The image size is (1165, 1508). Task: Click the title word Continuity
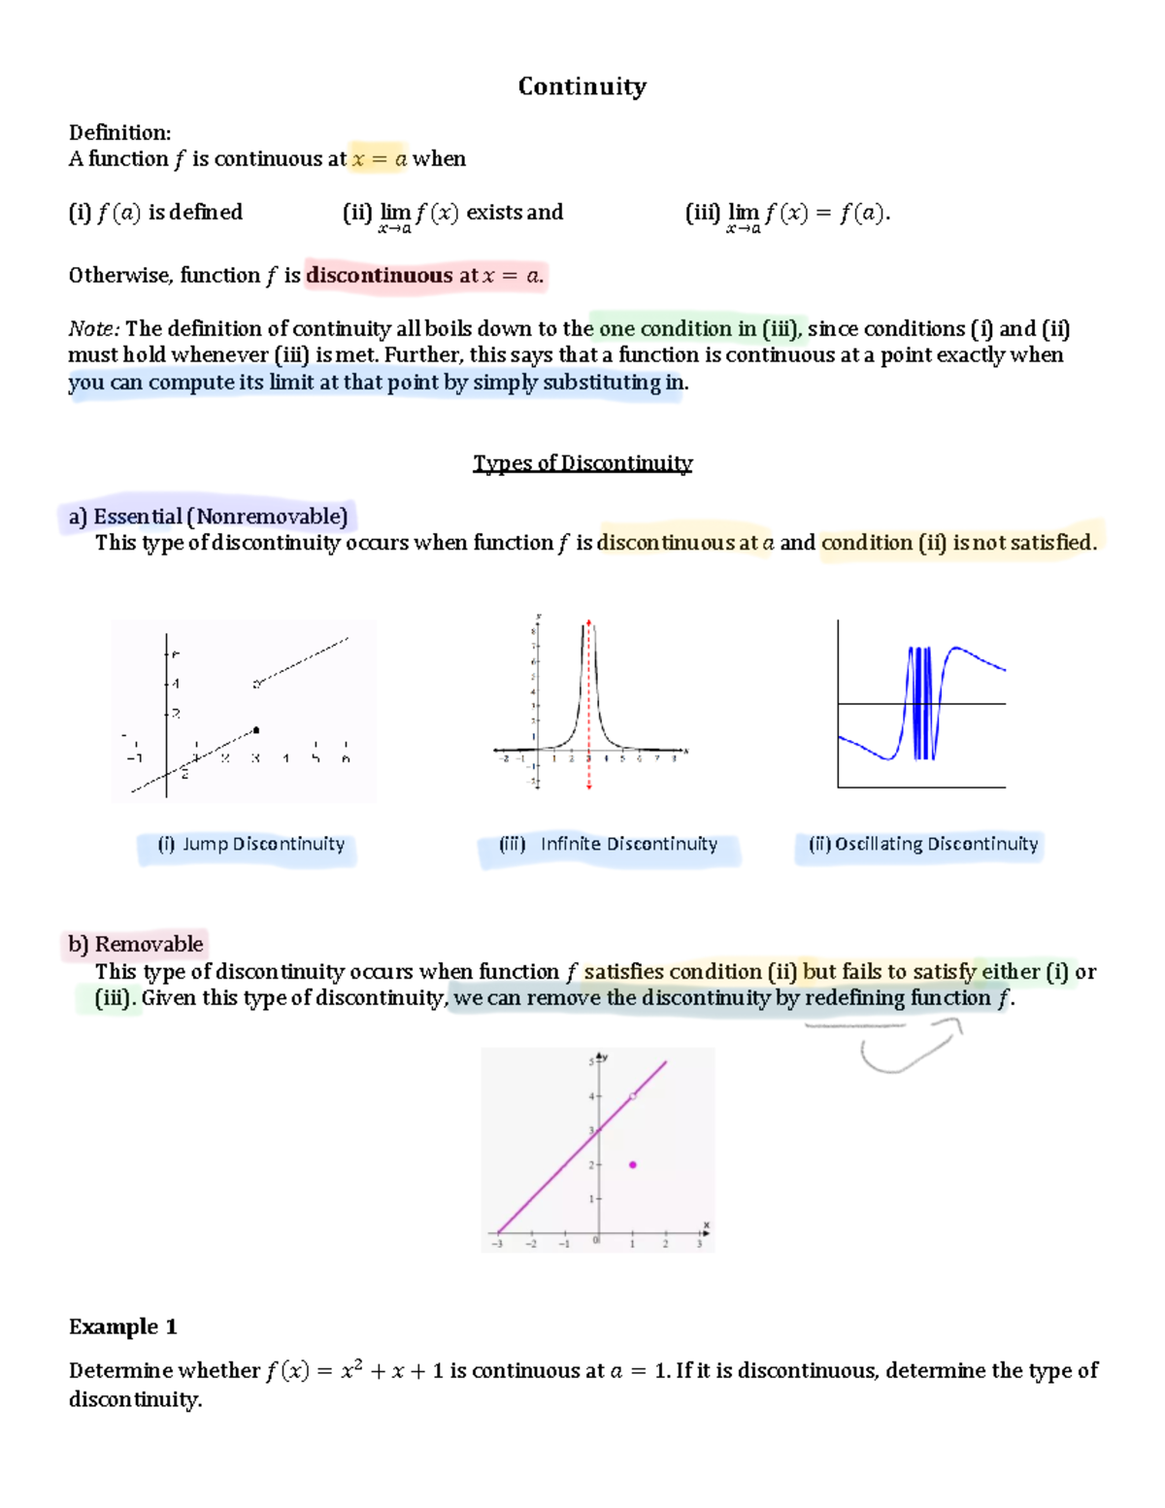tap(582, 86)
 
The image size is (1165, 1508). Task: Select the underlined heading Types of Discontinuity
tap(582, 463)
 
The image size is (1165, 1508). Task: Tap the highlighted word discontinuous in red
tap(380, 276)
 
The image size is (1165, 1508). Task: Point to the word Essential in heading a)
tap(138, 517)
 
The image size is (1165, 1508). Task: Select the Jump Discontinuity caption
tap(250, 845)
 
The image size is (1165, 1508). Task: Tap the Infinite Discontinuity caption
tap(609, 845)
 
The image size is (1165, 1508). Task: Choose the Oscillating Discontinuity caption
tap(922, 845)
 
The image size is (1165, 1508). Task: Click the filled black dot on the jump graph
tap(256, 729)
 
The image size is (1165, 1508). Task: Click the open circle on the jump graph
tap(256, 685)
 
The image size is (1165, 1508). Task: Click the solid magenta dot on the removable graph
tap(633, 1164)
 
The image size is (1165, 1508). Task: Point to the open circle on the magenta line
tap(633, 1096)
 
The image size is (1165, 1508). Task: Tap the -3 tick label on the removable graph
tap(497, 1244)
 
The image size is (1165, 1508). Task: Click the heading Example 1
tap(122, 1326)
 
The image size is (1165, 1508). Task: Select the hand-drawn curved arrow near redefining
tap(908, 1049)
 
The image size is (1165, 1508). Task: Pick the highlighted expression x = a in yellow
tap(379, 159)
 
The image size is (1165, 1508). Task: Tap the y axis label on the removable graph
tap(606, 1056)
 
